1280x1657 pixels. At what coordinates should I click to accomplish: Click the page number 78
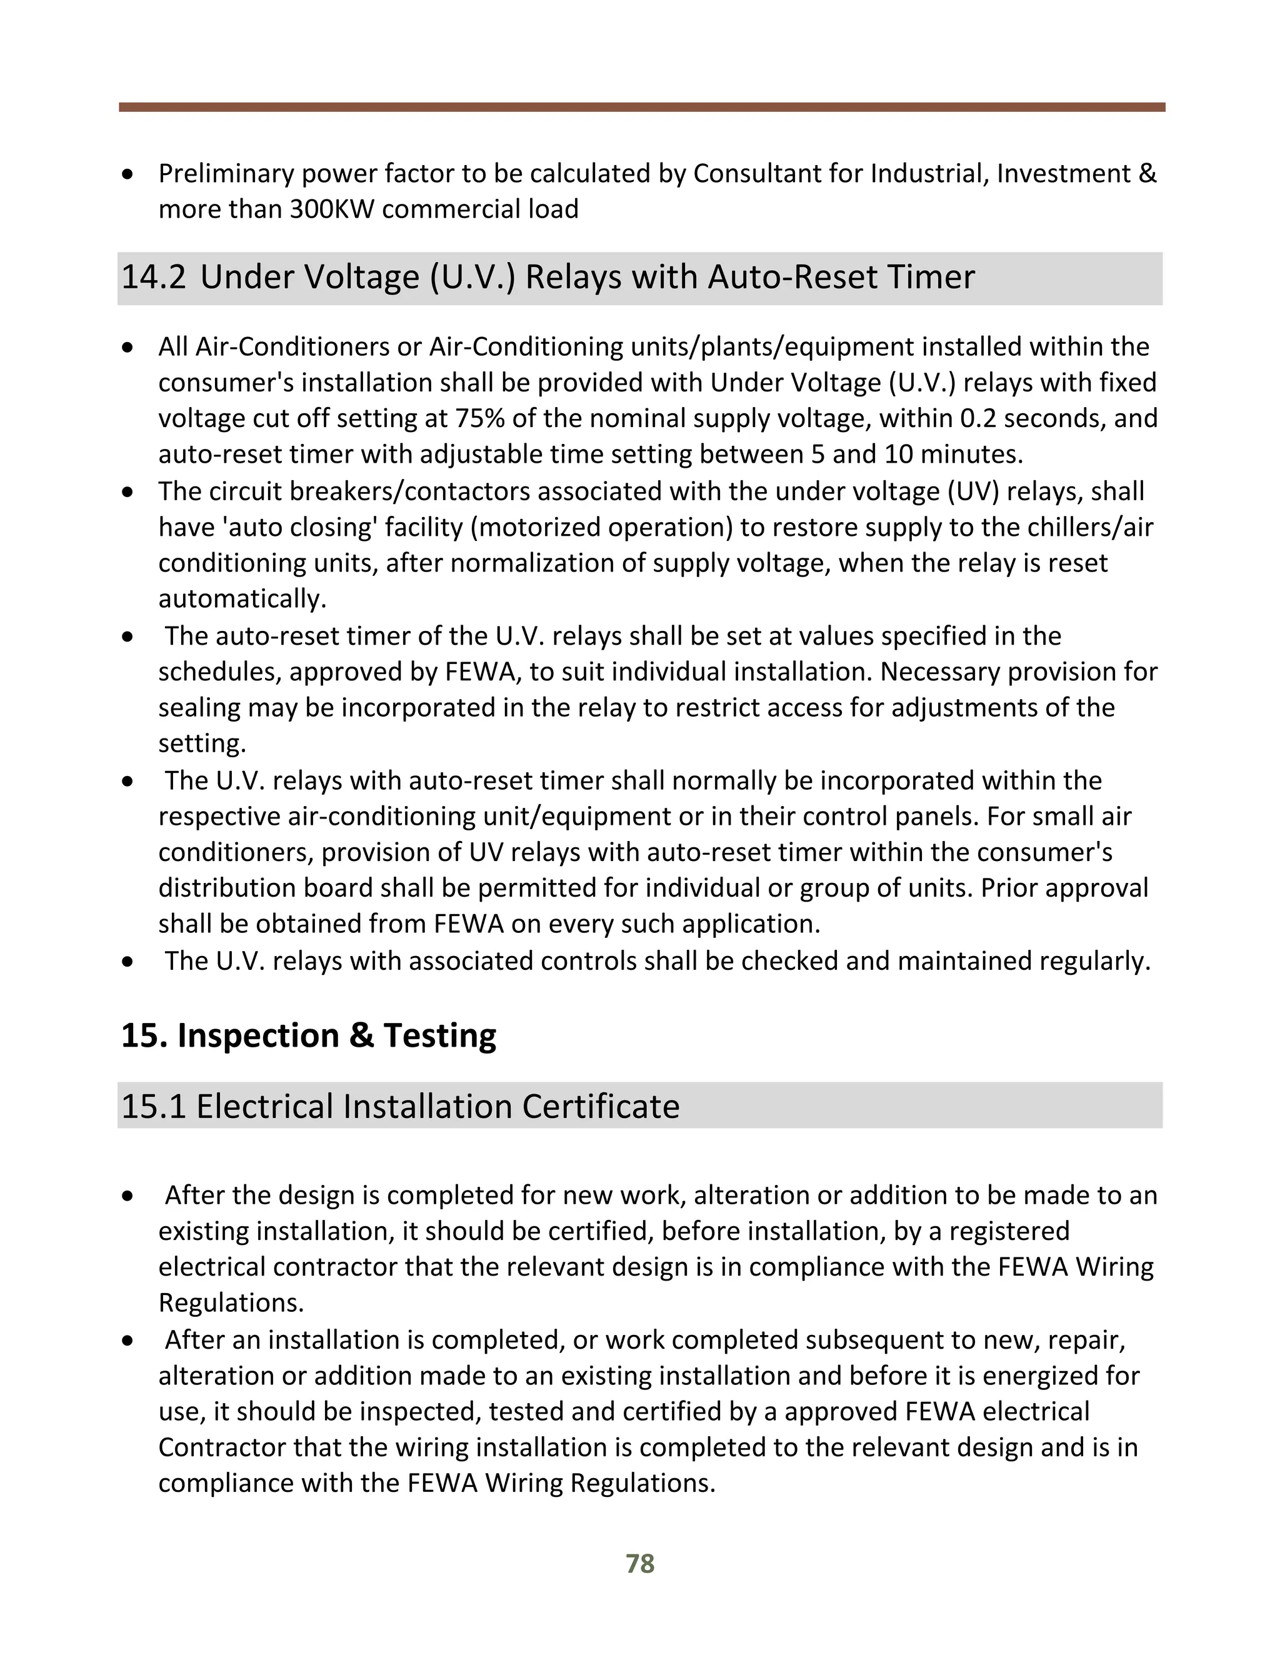pyautogui.click(x=640, y=1564)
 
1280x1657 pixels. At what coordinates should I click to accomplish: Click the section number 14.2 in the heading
pyautogui.click(x=153, y=277)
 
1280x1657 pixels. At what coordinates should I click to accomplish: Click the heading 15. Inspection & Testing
pyautogui.click(x=309, y=1035)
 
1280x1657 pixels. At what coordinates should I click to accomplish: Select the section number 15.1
pyautogui.click(x=153, y=1106)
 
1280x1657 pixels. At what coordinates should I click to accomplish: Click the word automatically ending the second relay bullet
pyautogui.click(x=242, y=600)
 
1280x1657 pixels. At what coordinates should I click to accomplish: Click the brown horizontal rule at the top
pyautogui.click(x=641, y=108)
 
